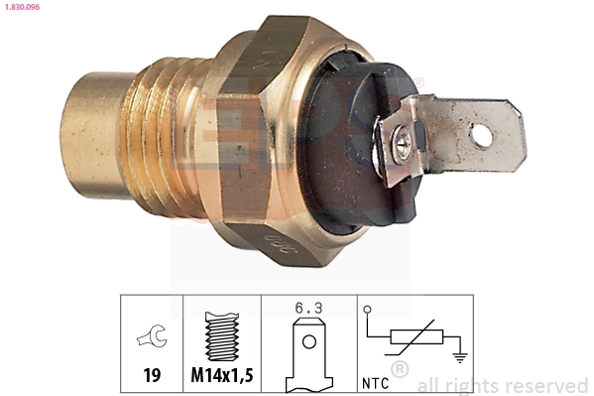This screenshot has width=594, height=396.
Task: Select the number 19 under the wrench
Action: pyautogui.click(x=152, y=377)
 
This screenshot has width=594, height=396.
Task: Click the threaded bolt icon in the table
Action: pyautogui.click(x=222, y=337)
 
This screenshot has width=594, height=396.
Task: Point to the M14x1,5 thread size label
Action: pyautogui.click(x=222, y=377)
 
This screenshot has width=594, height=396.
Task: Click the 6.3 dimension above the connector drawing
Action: pyautogui.click(x=309, y=308)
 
